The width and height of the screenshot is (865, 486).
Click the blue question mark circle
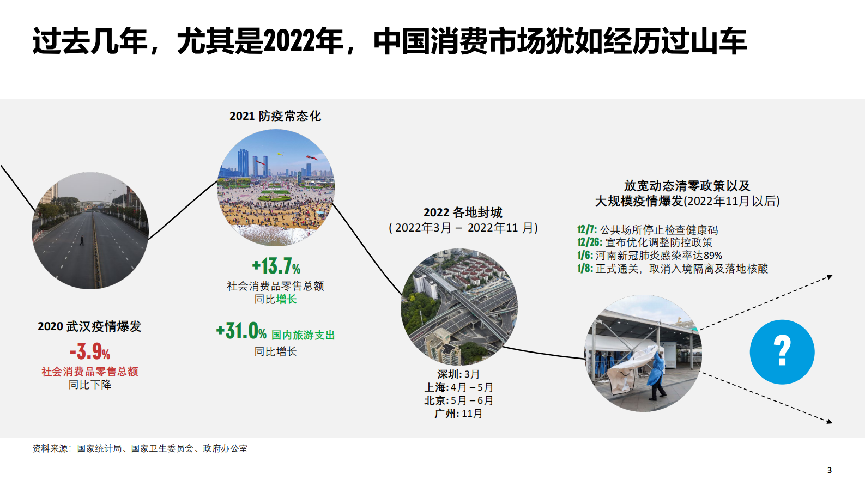pos(782,352)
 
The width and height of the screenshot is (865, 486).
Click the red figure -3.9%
pos(90,351)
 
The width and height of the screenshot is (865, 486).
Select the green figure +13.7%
pos(276,266)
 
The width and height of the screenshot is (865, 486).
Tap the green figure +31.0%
pos(241,331)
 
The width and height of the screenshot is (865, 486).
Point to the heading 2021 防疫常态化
pos(275,116)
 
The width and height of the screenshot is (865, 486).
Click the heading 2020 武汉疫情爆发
pos(89,326)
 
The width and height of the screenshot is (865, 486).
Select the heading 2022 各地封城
pos(463,212)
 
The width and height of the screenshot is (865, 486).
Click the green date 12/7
pos(587,230)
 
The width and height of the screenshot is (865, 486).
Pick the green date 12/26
pos(590,242)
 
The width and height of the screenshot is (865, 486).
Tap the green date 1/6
pos(585,256)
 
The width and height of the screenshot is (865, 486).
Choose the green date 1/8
pos(585,269)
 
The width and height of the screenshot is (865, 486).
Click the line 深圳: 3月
pos(458,374)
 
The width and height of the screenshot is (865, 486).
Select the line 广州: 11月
pos(458,414)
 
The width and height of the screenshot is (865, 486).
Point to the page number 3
pos(830,470)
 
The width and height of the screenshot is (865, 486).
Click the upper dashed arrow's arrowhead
pos(830,277)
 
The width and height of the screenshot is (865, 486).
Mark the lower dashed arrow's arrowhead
pos(830,421)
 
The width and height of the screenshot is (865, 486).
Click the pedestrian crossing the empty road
pos(82,240)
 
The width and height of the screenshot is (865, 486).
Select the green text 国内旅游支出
pos(303,335)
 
